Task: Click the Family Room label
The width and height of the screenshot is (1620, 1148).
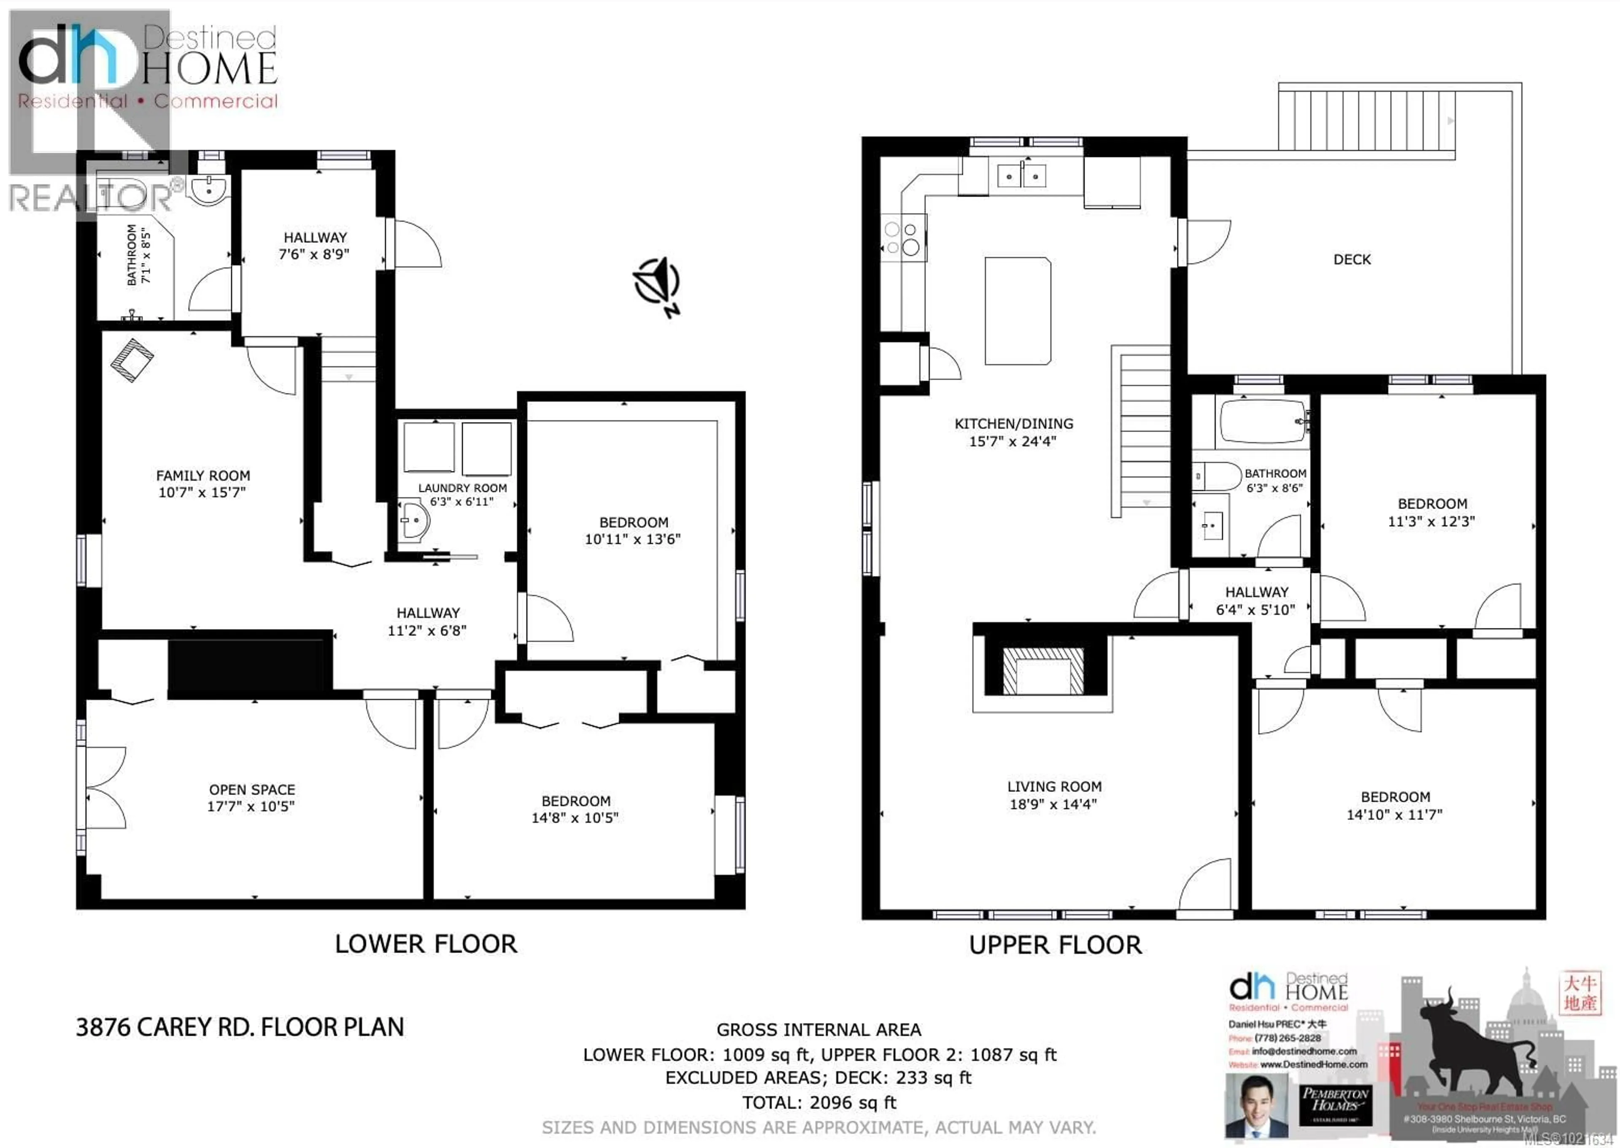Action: coord(203,476)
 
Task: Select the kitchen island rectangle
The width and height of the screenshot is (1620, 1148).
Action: coord(1018,311)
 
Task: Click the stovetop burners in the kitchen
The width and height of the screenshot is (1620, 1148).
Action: coord(902,239)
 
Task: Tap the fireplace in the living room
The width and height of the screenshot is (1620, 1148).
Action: coord(1043,670)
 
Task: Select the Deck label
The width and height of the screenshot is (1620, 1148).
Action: coord(1351,259)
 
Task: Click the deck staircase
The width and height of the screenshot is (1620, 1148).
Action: coord(1364,120)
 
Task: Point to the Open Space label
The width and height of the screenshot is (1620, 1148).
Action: coord(251,790)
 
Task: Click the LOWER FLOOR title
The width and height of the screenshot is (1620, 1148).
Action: coord(426,944)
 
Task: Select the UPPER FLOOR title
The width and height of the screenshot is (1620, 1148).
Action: coord(1055,945)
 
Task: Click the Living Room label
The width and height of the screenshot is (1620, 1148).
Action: coord(1054,787)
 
